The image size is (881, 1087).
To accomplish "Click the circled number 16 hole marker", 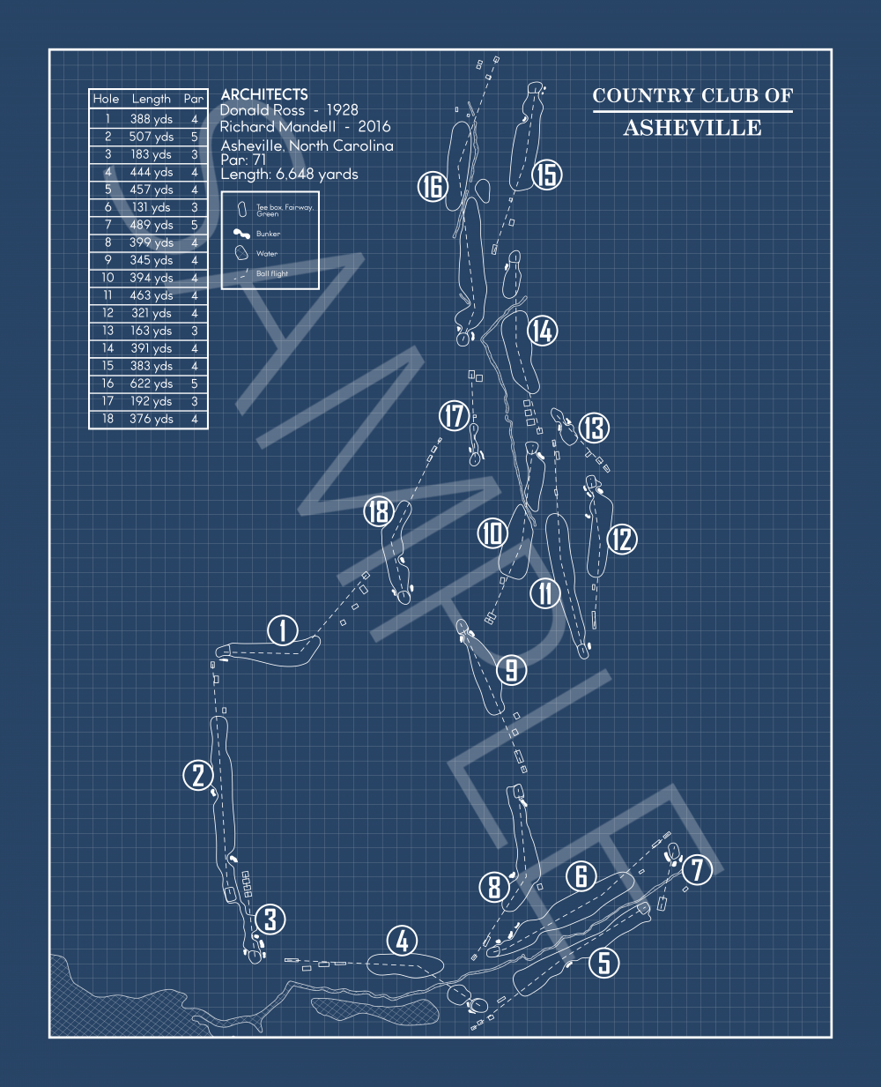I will click(433, 187).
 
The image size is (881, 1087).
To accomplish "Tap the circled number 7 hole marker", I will click(697, 870).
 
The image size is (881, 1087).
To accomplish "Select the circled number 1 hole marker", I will click(283, 630).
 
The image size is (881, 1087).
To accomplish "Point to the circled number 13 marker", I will click(594, 428).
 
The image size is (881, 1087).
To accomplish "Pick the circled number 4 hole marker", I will click(402, 941).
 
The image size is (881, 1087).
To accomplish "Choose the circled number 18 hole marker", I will click(378, 510).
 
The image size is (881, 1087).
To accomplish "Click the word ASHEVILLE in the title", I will click(692, 128).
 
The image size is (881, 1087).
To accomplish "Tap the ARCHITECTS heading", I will click(264, 94).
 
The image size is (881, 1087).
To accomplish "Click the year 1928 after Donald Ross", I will click(342, 110).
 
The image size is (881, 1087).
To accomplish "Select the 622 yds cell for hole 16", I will click(151, 383).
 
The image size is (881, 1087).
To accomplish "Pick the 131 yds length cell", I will click(151, 207).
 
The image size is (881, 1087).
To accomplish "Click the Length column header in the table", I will click(151, 99).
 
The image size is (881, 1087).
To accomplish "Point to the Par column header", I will click(194, 99).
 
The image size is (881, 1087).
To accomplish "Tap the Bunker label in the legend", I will click(268, 235).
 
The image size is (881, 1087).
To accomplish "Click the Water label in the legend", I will click(266, 254).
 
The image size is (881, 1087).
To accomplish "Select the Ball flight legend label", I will click(272, 274).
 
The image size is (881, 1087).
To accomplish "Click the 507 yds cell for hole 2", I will click(151, 137).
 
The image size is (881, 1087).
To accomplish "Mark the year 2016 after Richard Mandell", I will click(374, 127).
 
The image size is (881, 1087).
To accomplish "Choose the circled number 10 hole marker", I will click(492, 533).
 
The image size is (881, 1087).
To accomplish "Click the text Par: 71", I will click(243, 160).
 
